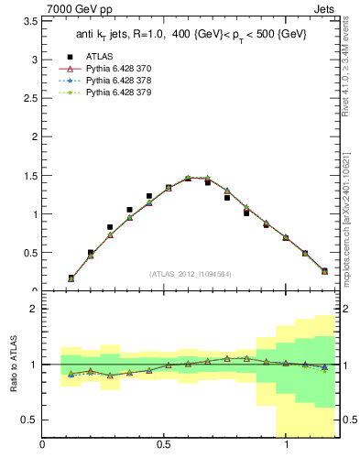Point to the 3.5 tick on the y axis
tap(29, 20)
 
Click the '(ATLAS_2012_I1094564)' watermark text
tap(191, 274)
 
